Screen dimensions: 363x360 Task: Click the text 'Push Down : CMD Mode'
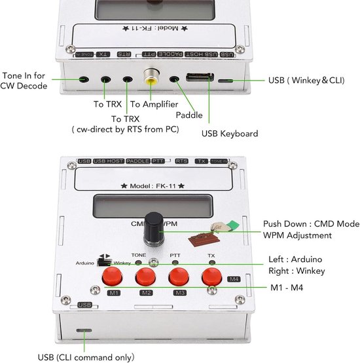311,223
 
